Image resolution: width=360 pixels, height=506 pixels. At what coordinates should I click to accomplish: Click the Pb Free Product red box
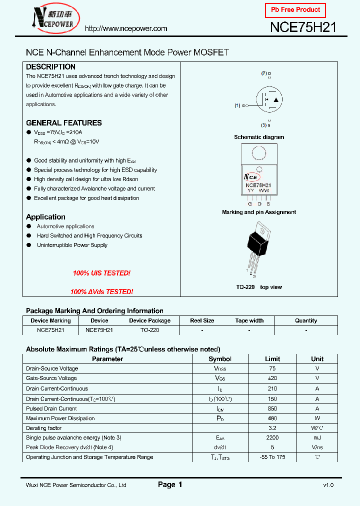[x=295, y=10]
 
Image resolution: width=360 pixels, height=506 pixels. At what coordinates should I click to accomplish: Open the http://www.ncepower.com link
[x=126, y=28]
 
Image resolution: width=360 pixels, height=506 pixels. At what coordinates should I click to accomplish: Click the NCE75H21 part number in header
[x=303, y=27]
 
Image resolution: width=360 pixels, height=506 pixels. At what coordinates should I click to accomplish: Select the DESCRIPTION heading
[x=50, y=67]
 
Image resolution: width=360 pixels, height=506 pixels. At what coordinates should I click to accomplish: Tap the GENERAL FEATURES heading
[x=63, y=123]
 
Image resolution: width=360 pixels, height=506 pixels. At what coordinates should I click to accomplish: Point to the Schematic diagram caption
[x=259, y=137]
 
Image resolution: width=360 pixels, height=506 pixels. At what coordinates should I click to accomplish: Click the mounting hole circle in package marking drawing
[x=258, y=152]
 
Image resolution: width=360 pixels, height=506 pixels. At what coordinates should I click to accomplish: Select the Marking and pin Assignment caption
[x=259, y=212]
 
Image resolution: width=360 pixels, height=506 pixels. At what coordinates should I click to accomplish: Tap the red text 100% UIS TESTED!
[x=101, y=273]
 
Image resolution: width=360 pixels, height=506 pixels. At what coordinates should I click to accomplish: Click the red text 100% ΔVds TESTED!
[x=101, y=291]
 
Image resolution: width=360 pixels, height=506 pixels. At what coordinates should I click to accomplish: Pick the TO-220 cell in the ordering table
[x=149, y=330]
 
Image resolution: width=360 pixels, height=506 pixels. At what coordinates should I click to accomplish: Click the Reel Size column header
[x=202, y=320]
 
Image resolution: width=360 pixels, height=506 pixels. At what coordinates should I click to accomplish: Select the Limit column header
[x=272, y=359]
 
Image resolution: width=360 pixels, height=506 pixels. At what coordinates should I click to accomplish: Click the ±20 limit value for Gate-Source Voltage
[x=272, y=378]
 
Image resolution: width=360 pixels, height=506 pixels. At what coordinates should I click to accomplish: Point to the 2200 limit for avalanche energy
[x=272, y=437]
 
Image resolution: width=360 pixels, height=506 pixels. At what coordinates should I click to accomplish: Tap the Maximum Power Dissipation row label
[x=60, y=418]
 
